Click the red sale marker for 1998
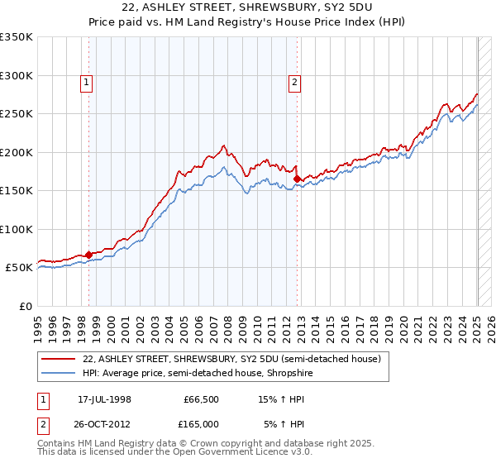(x=88, y=255)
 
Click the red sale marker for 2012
(x=297, y=179)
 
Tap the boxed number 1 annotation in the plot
(x=87, y=81)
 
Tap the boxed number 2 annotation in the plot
(x=294, y=81)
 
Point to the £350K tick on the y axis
(x=17, y=37)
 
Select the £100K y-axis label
(x=17, y=229)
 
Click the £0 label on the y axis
(x=25, y=306)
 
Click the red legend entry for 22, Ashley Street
(x=231, y=359)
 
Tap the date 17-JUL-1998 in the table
(x=105, y=399)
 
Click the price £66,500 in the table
(x=201, y=399)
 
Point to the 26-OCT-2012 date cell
(x=105, y=423)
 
